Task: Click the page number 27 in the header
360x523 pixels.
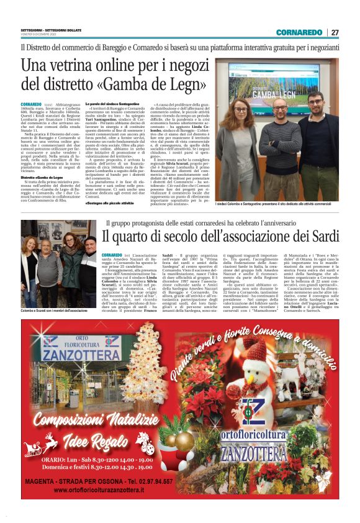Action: click(x=335, y=32)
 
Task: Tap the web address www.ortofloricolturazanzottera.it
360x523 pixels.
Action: click(x=99, y=490)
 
